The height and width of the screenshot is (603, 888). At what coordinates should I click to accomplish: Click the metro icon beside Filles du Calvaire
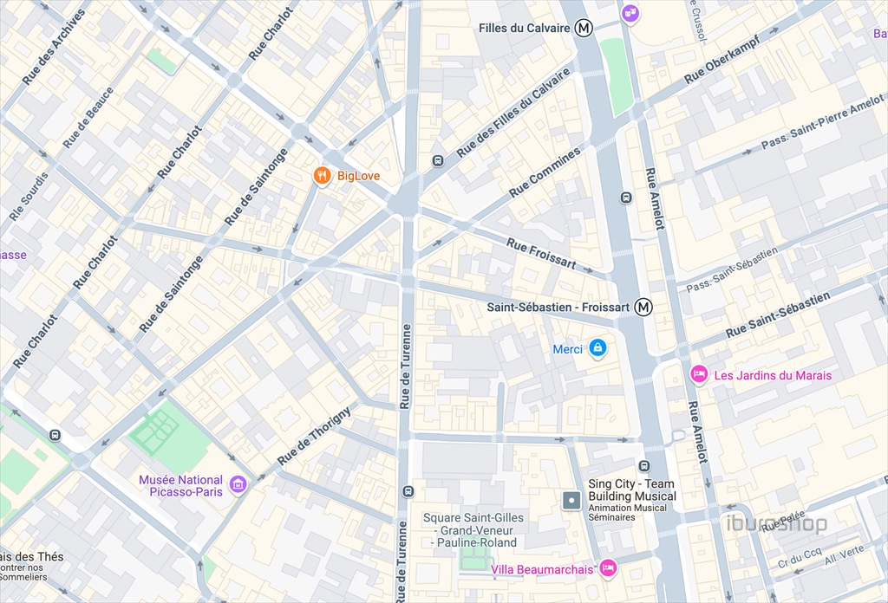tap(584, 29)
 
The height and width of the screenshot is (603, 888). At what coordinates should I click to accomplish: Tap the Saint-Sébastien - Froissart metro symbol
tap(643, 307)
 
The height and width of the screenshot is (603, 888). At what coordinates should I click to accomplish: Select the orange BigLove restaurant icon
tap(322, 176)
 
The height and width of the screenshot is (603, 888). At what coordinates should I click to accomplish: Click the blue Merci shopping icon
tap(597, 348)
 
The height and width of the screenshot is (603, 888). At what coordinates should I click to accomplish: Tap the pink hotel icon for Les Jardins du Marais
tap(698, 374)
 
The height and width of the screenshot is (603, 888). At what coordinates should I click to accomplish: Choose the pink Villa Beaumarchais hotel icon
tap(608, 567)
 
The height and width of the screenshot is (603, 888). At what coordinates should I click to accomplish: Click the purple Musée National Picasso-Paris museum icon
tap(238, 485)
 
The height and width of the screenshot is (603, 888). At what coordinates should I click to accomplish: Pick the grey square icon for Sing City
tap(571, 500)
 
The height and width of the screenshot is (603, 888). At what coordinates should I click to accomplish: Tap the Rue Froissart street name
tap(541, 254)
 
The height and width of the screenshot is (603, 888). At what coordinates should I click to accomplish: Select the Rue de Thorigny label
tap(314, 435)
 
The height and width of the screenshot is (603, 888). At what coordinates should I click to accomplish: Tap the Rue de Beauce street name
tap(88, 117)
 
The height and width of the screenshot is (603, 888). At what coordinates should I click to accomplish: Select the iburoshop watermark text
tap(777, 524)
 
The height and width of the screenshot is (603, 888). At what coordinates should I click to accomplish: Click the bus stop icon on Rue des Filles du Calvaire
tap(438, 160)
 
